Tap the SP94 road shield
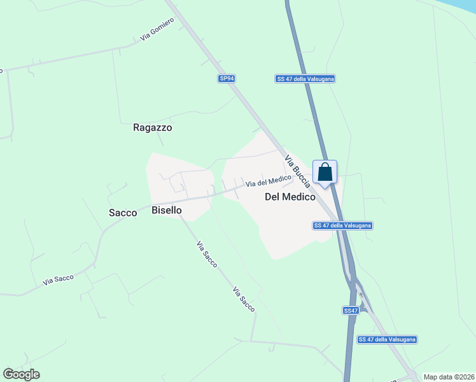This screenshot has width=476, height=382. [227, 78]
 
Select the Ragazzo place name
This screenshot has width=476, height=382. [153, 127]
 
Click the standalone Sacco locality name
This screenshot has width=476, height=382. [123, 213]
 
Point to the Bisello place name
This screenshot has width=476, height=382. [167, 209]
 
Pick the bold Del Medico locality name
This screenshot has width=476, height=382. [290, 197]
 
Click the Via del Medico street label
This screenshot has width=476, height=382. [269, 181]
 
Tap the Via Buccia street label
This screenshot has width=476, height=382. [297, 171]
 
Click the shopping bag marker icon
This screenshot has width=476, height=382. [325, 173]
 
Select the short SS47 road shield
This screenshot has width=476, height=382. [351, 310]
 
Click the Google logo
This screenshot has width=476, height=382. [21, 374]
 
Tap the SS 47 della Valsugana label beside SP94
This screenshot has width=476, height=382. [305, 78]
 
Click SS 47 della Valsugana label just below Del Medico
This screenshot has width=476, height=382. [343, 225]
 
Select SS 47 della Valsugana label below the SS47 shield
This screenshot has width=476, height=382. [387, 339]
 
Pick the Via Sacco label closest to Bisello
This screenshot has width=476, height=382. [207, 253]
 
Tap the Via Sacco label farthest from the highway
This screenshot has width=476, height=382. [59, 279]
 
